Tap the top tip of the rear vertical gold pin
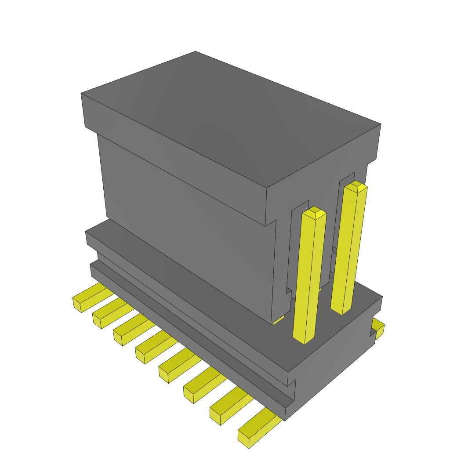click(356, 187)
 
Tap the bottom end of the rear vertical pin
click(341, 310)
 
